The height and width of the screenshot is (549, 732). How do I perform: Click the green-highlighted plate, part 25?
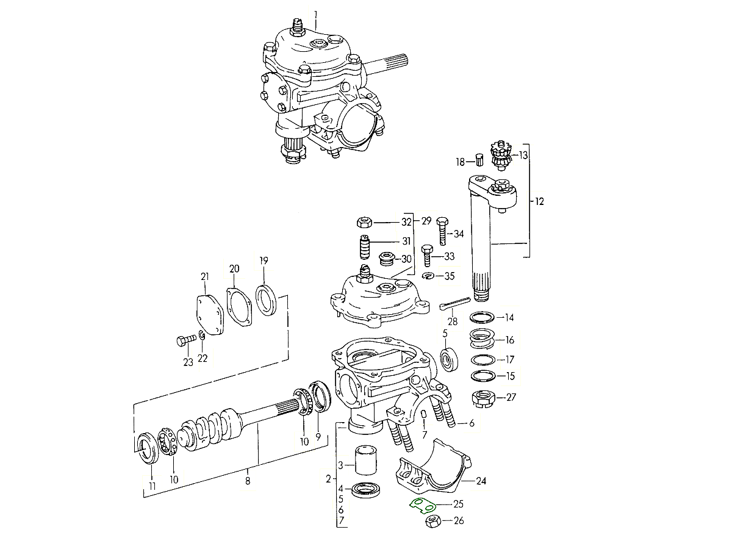click(x=421, y=506)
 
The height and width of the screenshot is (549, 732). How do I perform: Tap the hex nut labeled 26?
click(x=432, y=522)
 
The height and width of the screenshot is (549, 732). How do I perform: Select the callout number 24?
click(x=481, y=481)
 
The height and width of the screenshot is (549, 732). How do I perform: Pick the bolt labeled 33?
click(x=428, y=255)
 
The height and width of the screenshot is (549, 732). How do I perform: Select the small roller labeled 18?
click(x=479, y=160)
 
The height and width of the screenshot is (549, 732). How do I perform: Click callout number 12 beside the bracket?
click(x=539, y=201)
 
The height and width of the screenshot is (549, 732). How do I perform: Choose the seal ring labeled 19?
click(x=267, y=300)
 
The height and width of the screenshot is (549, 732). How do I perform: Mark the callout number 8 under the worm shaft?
click(x=248, y=481)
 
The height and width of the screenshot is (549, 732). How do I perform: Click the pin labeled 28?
click(x=455, y=303)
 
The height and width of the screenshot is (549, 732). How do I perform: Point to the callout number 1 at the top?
click(x=316, y=13)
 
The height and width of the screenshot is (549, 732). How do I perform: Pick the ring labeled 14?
click(x=484, y=318)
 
